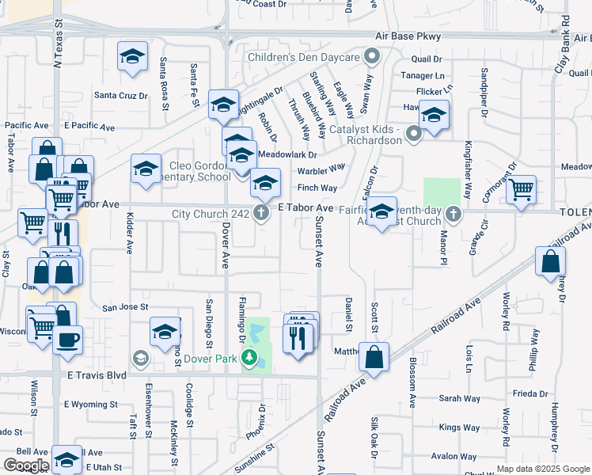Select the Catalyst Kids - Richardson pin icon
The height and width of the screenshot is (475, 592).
(413, 134)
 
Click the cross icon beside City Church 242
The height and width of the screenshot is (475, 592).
(261, 212)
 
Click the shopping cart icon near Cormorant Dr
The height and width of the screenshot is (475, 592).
(521, 189)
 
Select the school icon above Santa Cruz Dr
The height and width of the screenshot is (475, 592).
(133, 57)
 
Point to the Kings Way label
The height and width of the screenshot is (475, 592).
(459, 427)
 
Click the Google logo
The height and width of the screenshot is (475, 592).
(26, 465)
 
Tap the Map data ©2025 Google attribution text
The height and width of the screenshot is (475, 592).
(541, 469)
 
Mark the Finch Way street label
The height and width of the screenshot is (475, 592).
(317, 188)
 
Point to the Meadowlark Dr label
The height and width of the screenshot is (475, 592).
(287, 155)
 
